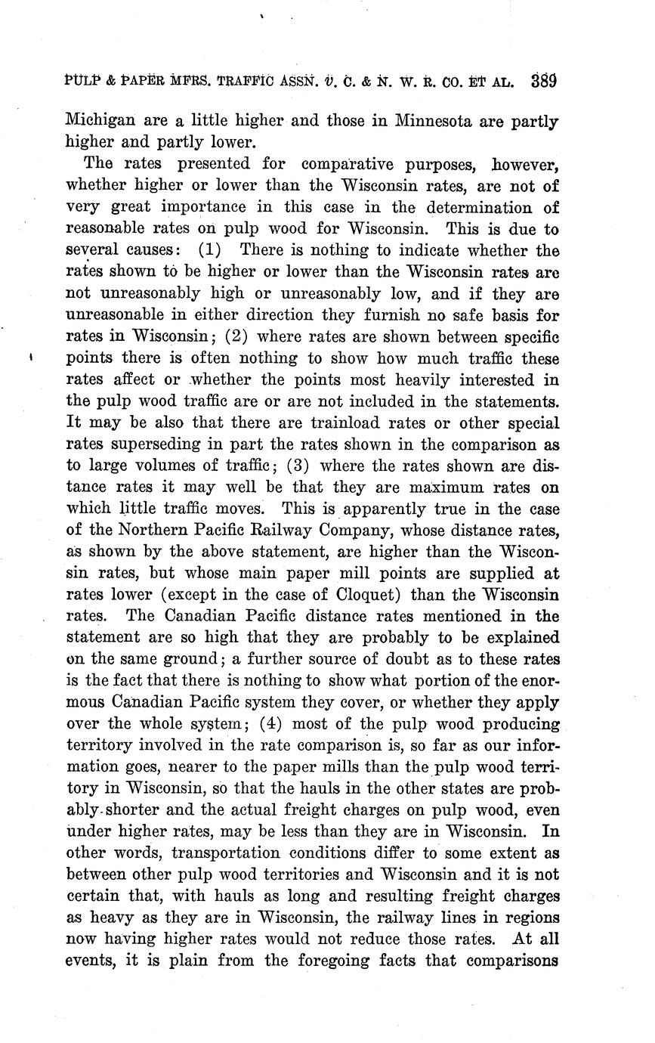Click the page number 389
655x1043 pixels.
tap(544, 81)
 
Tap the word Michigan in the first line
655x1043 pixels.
tap(101, 120)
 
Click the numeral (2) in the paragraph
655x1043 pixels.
tap(235, 336)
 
